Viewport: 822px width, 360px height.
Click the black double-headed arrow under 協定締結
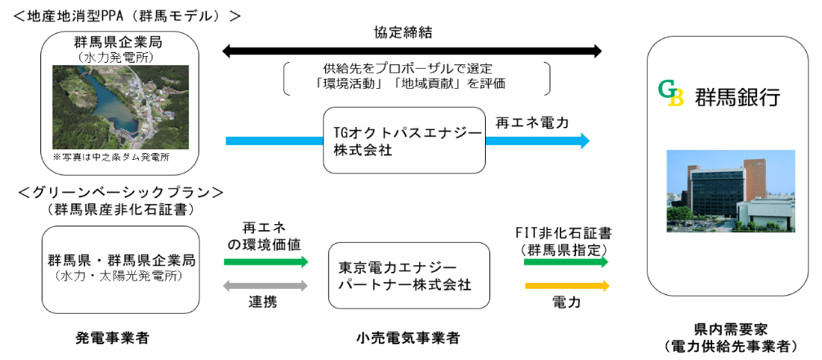[x=412, y=52]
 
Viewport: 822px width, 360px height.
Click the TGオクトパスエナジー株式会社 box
[x=404, y=140]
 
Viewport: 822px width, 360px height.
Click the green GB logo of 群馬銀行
[x=671, y=95]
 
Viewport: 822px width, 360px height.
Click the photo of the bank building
[x=730, y=191]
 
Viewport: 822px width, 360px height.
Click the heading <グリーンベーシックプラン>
[x=120, y=192]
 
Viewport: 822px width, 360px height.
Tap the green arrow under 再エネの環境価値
[x=265, y=261]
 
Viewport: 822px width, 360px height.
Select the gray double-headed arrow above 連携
[x=265, y=285]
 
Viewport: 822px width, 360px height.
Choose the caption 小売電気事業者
[x=408, y=338]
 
